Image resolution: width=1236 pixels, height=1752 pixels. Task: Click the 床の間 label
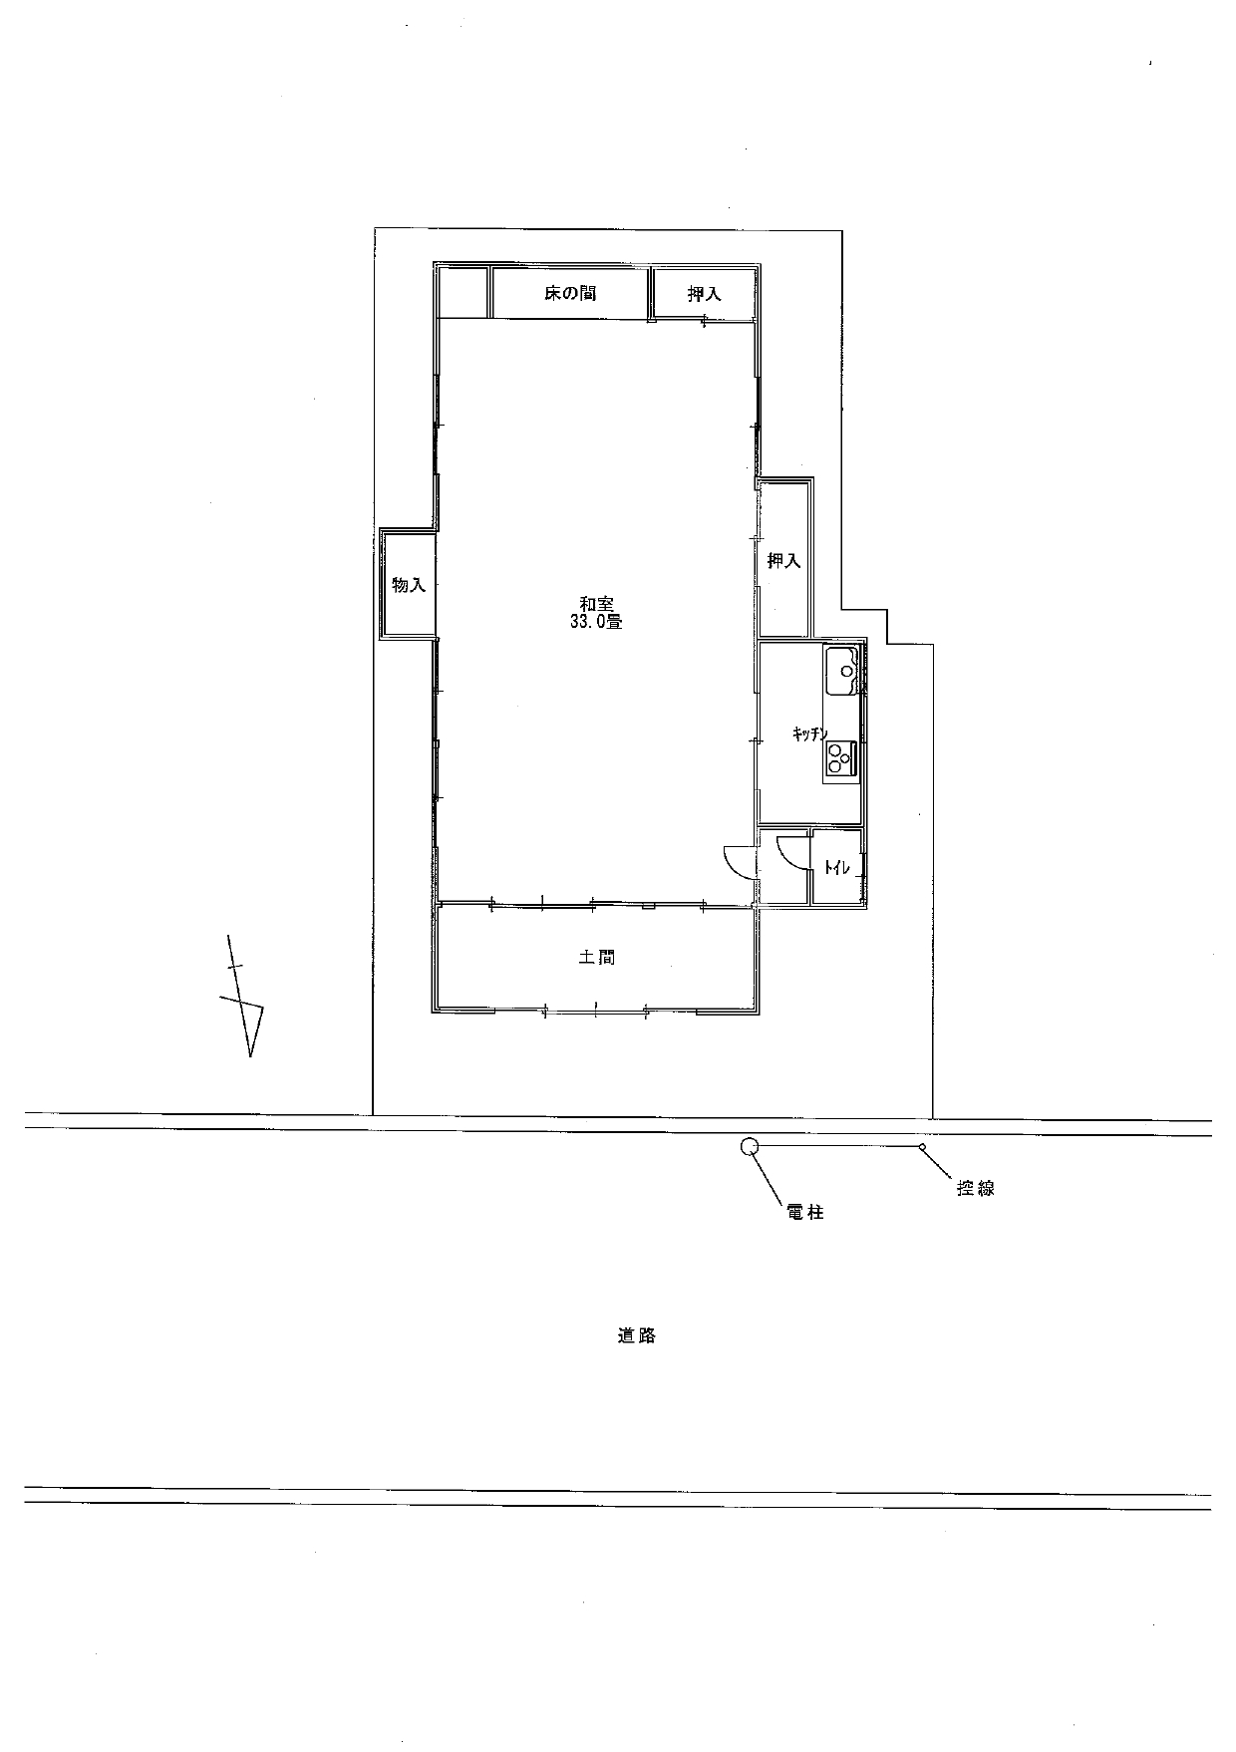570,294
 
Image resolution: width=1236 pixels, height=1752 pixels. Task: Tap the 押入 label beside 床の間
704,294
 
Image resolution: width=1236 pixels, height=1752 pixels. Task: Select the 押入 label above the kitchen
783,561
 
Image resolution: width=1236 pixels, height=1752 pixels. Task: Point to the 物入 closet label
409,585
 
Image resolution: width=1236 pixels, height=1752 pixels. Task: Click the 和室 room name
596,604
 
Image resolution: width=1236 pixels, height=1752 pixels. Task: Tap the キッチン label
809,734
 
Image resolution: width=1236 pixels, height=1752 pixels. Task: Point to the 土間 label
596,958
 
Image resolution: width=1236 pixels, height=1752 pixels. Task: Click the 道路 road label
636,1335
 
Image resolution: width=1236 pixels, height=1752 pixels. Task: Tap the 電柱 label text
804,1213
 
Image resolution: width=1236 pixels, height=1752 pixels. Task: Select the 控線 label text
975,1188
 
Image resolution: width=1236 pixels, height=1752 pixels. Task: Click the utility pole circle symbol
750,1147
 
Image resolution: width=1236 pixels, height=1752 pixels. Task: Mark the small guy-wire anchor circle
922,1147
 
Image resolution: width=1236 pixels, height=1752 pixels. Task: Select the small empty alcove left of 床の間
463,292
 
